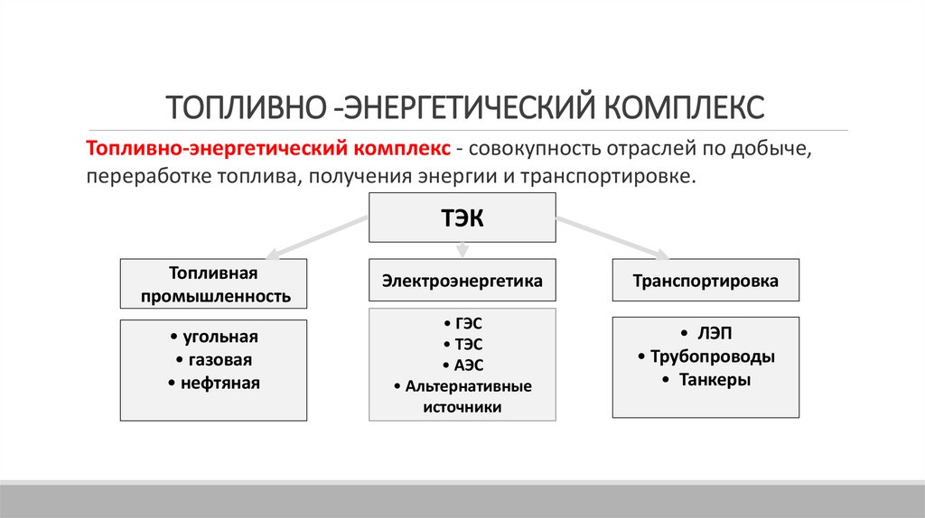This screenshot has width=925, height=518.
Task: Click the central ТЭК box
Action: pos(462,217)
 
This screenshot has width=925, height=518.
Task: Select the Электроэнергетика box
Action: pos(462,281)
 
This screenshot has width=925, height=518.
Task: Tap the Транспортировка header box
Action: pos(705,281)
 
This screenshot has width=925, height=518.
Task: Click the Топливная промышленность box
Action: pos(214,284)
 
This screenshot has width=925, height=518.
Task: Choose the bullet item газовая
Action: pos(214,360)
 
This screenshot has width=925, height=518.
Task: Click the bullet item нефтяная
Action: pos(214,384)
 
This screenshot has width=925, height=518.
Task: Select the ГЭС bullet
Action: pos(462,323)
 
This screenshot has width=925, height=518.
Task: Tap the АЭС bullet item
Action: pos(462,365)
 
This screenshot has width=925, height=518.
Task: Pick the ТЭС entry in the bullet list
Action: pos(462,344)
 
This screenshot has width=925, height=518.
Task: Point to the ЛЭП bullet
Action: pos(705,333)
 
